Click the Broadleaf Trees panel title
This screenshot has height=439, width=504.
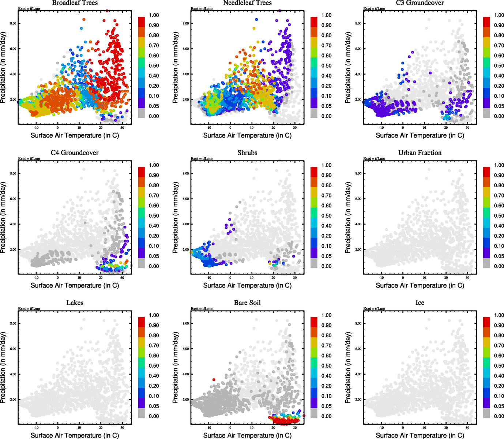click(x=75, y=3)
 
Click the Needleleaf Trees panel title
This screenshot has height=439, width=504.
click(x=247, y=3)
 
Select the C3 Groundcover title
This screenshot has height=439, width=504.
click(x=420, y=3)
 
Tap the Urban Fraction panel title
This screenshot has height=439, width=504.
click(x=420, y=153)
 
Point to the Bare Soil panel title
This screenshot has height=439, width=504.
click(x=247, y=303)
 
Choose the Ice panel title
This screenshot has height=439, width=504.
click(x=420, y=303)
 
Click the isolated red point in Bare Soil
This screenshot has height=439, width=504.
click(x=214, y=380)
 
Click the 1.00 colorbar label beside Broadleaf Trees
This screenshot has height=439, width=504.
click(x=154, y=15)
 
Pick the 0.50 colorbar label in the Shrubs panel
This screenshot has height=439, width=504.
click(x=326, y=216)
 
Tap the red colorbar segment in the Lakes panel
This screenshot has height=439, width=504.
click(x=141, y=322)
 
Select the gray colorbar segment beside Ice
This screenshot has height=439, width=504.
click(x=486, y=413)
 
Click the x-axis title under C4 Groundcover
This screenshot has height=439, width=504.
click(x=75, y=285)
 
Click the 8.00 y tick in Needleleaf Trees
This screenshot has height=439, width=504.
click(x=186, y=23)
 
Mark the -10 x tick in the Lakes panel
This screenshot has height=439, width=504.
click(x=36, y=427)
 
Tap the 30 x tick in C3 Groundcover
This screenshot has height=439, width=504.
click(x=467, y=127)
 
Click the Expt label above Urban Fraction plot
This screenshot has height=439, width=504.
click(x=374, y=159)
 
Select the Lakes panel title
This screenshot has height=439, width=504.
click(x=75, y=303)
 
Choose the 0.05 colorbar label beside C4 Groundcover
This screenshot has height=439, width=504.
click(x=154, y=256)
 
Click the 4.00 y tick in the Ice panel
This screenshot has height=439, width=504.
click(x=358, y=374)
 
